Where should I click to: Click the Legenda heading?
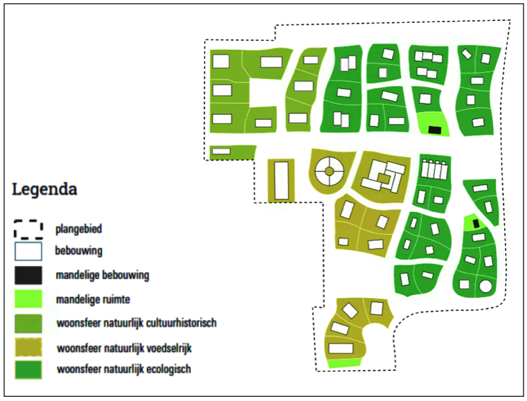point(44,189)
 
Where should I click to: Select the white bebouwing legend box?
point(28,251)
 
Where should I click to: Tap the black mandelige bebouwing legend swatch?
point(28,275)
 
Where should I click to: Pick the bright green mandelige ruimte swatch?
point(28,298)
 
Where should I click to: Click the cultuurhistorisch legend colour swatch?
point(28,323)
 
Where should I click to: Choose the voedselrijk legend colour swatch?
point(28,347)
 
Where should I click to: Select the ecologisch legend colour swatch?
point(28,370)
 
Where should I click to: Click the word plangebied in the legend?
point(79,229)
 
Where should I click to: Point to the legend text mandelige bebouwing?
point(102,275)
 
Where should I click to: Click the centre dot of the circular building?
point(330,172)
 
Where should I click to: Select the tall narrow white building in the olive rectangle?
point(282,181)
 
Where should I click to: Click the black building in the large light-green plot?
point(435,130)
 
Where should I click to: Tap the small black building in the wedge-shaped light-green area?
point(476,224)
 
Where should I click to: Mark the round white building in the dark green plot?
point(485,287)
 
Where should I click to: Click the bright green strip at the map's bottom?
point(344,363)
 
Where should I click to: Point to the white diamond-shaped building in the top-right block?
point(467,54)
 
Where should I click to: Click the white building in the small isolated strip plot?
point(222,151)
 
